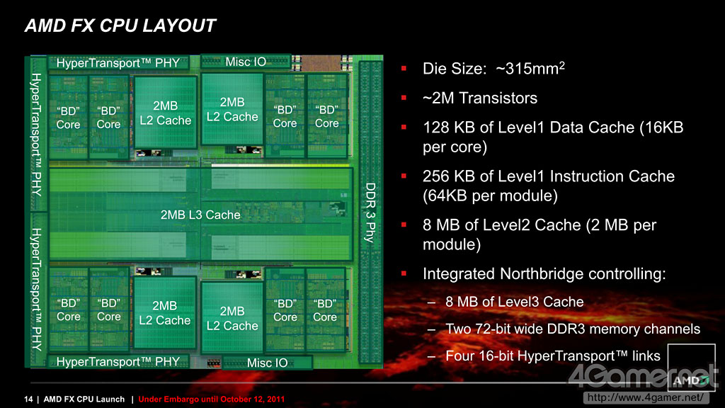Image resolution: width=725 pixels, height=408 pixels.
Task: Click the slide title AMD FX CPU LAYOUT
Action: click(120, 27)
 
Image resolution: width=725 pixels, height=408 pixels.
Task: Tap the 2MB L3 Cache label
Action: click(200, 215)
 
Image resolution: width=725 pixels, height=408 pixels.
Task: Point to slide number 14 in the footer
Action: click(29, 399)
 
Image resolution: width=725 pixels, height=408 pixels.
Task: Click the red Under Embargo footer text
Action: click(212, 399)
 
